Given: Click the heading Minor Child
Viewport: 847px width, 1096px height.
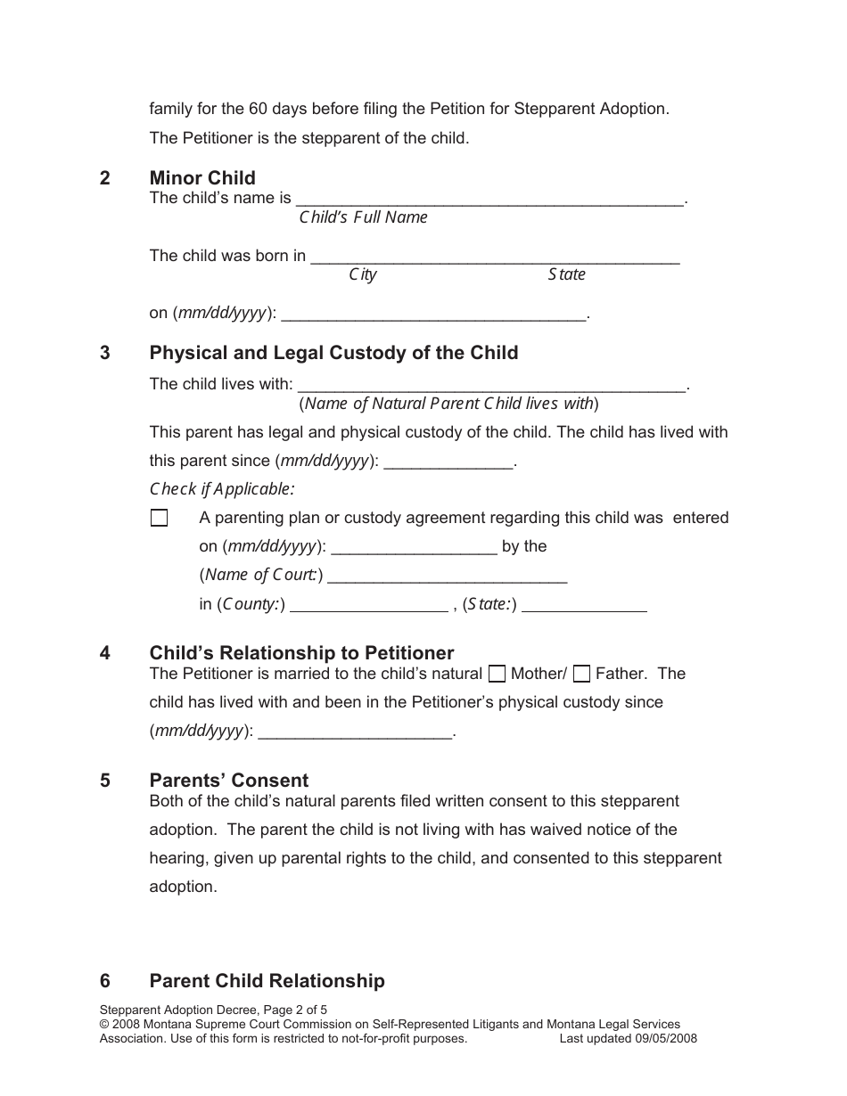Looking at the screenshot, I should click(x=202, y=177).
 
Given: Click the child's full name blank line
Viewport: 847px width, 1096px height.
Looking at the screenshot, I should click(x=489, y=200).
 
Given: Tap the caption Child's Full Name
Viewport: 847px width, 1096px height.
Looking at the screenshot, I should click(x=363, y=217).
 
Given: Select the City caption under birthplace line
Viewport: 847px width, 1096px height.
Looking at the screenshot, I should click(x=362, y=274).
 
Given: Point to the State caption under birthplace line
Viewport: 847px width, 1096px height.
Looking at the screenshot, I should click(x=566, y=274).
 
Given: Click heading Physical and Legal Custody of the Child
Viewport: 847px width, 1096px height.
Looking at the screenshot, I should click(x=333, y=353).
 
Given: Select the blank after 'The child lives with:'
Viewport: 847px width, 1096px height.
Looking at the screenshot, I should click(x=491, y=386).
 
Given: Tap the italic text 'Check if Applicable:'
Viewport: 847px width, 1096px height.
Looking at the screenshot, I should click(x=221, y=489).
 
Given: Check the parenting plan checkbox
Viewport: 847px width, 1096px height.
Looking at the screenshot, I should click(x=160, y=519).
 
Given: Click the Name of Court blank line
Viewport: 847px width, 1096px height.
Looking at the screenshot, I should click(x=448, y=576).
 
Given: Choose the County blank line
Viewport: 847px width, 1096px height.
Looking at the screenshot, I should click(x=370, y=605).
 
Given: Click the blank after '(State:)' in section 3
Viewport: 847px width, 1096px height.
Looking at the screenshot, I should click(x=584, y=605).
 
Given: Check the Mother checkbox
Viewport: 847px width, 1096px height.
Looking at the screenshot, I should click(x=499, y=675).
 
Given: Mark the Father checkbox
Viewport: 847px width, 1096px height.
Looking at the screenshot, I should click(x=582, y=675).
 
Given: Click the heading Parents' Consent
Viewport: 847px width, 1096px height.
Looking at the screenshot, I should click(x=229, y=781).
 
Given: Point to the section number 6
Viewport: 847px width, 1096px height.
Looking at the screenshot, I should click(x=105, y=981).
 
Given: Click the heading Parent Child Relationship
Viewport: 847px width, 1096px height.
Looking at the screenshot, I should click(x=267, y=981).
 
